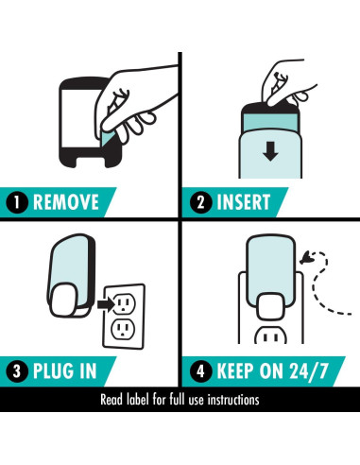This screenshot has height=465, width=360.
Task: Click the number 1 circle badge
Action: point(17,202)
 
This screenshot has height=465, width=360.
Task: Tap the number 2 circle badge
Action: point(200,202)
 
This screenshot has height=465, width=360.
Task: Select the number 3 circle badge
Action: point(17,371)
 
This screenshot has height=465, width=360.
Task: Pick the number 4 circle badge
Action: point(200,371)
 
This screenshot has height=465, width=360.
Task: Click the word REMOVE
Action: point(66,202)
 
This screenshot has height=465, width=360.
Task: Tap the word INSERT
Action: point(244,202)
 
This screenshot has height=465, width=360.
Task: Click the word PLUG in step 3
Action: point(54,371)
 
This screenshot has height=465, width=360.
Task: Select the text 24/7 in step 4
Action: point(309,371)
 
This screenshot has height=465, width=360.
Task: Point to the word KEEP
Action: point(234,371)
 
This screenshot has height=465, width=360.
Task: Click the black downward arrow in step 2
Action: point(270,151)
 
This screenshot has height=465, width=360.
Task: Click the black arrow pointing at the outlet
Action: point(106,304)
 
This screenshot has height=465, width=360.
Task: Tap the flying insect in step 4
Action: point(305,258)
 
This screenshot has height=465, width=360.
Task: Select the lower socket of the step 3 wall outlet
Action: point(123,329)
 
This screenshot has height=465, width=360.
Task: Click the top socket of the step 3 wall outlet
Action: point(124,303)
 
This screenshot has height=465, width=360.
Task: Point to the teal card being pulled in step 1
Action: point(108,139)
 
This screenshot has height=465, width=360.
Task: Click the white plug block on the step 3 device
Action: point(64,300)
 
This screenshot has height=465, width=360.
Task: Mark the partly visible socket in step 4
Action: point(270,336)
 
